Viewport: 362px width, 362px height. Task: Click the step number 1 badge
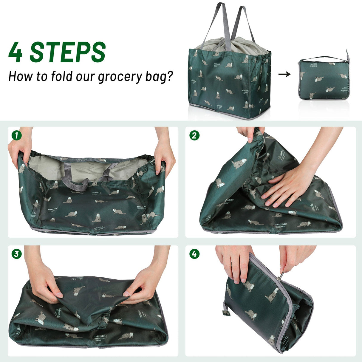17,136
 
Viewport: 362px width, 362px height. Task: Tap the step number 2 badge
194,136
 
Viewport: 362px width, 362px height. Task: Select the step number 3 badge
17,254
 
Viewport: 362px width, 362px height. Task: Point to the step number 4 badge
194,254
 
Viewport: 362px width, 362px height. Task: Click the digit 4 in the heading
16,52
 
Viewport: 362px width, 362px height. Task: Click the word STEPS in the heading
68,52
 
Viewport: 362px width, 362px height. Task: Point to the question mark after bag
170,76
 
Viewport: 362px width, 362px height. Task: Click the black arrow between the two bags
284,74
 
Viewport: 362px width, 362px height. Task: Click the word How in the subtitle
21,76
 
